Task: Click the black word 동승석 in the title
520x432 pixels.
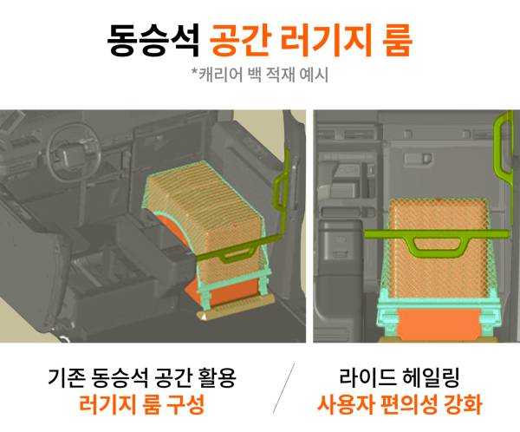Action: [x=153, y=41]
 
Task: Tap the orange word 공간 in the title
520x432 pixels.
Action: [x=239, y=41]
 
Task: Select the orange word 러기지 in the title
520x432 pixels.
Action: [x=327, y=41]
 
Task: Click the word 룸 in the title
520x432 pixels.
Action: [x=397, y=41]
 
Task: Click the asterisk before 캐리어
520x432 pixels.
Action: [x=195, y=71]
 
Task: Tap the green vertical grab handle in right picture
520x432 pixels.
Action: [x=503, y=146]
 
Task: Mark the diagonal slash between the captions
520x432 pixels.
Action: [x=283, y=388]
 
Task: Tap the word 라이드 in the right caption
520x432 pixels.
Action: [x=367, y=378]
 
